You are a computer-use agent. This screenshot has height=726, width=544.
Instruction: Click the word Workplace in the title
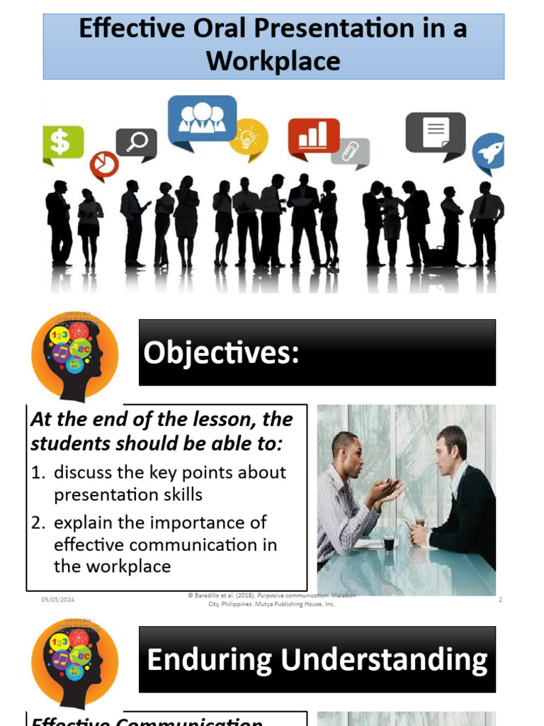273,61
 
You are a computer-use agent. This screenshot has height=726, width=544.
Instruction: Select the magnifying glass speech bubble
136,143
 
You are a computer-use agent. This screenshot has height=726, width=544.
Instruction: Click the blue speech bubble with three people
202,119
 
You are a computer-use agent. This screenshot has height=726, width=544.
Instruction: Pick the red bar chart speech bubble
313,136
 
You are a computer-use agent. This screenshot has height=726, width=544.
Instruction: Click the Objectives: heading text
221,353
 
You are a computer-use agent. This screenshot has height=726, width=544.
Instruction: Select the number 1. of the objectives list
38,472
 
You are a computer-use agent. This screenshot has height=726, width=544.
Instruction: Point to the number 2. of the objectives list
38,523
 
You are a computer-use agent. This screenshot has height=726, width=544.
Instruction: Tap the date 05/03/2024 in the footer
57,600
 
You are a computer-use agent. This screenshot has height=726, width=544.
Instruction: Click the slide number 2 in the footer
500,600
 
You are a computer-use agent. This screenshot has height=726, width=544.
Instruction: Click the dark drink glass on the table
388,544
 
